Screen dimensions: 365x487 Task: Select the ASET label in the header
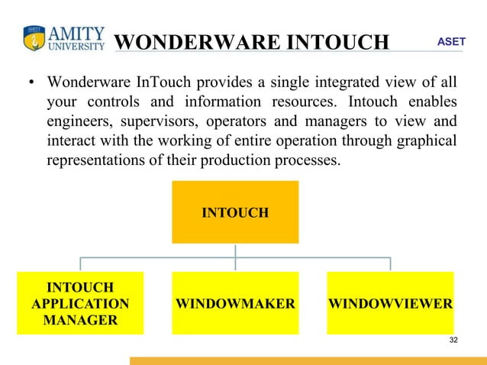(450, 40)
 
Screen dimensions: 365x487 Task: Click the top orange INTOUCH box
(234, 212)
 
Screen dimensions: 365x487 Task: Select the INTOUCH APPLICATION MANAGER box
(80, 303)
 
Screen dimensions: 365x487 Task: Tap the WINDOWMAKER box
(235, 303)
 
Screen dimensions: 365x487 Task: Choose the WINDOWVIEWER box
(390, 303)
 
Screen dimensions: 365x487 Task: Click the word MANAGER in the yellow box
(80, 319)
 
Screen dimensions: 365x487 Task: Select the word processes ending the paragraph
(310, 162)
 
